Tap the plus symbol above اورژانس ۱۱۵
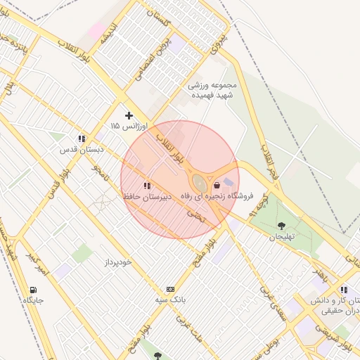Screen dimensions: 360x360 tap(129, 115)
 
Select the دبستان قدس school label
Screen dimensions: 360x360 tap(82, 149)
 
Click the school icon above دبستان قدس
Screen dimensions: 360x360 tap(82, 139)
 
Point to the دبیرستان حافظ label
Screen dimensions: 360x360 tap(147, 196)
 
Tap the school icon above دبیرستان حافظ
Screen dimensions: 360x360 tap(146, 186)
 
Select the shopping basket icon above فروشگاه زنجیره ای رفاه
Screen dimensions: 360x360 tap(216, 184)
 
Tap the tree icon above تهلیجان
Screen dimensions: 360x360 tap(282, 226)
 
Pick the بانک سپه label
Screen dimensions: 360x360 tap(172, 300)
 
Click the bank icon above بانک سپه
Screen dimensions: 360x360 tap(170, 290)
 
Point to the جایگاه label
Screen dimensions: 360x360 tap(33, 300)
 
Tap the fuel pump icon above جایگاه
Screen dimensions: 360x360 tap(33, 290)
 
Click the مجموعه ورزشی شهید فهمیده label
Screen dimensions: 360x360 tap(213, 91)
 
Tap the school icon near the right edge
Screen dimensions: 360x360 tap(343, 290)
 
